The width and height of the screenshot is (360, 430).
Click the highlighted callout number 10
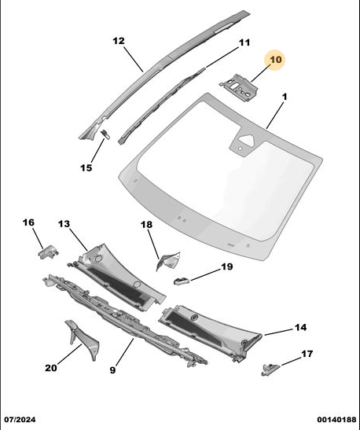[276, 60]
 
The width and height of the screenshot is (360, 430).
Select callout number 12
[119, 41]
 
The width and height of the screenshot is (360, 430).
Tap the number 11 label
[244, 42]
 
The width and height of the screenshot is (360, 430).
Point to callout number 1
[285, 97]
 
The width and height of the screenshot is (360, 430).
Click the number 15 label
[86, 167]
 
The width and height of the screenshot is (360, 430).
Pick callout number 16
[28, 222]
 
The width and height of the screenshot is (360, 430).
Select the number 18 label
[146, 225]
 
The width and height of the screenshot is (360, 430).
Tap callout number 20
[51, 368]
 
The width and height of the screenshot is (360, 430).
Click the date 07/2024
[20, 420]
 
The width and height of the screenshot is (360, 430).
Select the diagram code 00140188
[336, 420]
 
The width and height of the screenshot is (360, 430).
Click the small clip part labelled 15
[105, 134]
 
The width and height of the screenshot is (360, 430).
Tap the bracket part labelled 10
[239, 87]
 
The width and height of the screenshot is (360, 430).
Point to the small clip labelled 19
[182, 281]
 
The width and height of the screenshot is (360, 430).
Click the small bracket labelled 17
[270, 369]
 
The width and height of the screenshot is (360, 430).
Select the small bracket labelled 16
[48, 252]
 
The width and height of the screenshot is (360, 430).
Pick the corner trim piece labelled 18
[167, 260]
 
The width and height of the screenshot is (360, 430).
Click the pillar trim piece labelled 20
[82, 339]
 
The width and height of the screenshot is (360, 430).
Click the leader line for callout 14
[277, 332]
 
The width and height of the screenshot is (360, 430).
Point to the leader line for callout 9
[125, 352]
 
